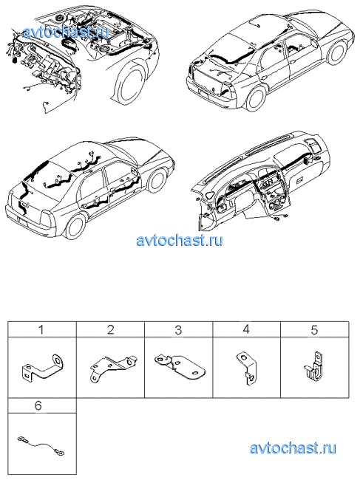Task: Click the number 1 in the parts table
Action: pyautogui.click(x=41, y=329)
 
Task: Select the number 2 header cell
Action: pyautogui.click(x=110, y=329)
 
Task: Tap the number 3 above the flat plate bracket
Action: pyautogui.click(x=178, y=329)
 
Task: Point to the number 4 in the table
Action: pyautogui.click(x=246, y=329)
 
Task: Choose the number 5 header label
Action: pyautogui.click(x=315, y=329)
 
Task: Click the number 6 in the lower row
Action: pyautogui.click(x=38, y=405)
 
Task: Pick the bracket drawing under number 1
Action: pyautogui.click(x=42, y=368)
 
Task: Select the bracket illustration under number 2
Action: pyautogui.click(x=113, y=369)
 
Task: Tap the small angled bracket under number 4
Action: pyautogui.click(x=248, y=367)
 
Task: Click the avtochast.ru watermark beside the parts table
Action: pyautogui.click(x=293, y=448)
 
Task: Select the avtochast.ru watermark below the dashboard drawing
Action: pyautogui.click(x=180, y=240)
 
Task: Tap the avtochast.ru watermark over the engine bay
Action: pyautogui.click(x=66, y=32)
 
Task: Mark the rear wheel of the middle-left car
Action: pyautogui.click(x=75, y=227)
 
